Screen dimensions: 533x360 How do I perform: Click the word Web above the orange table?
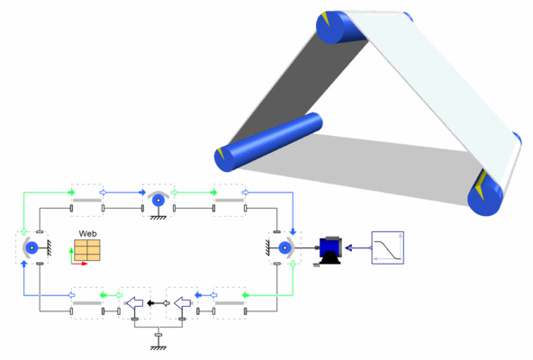tap(87, 234)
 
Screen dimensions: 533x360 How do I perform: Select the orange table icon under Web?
tap(87, 250)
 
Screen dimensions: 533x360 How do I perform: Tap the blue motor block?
tap(330, 249)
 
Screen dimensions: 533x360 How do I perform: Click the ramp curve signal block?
tap(387, 247)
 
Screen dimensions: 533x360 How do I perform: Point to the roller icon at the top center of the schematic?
tap(158, 200)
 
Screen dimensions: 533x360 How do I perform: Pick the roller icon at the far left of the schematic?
tap(32, 248)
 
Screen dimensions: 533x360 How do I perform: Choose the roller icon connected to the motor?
tap(285, 247)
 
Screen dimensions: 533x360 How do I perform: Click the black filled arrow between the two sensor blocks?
tap(151, 303)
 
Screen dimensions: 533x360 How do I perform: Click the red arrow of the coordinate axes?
tap(79, 264)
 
